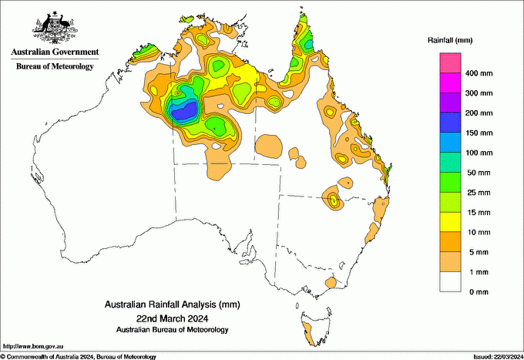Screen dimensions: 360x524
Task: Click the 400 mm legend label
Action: [x=476, y=73]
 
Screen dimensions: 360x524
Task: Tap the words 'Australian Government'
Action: [x=55, y=52]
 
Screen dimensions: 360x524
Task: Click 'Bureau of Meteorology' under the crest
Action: [x=55, y=66]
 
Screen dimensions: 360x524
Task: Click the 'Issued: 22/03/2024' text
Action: [x=494, y=356]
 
